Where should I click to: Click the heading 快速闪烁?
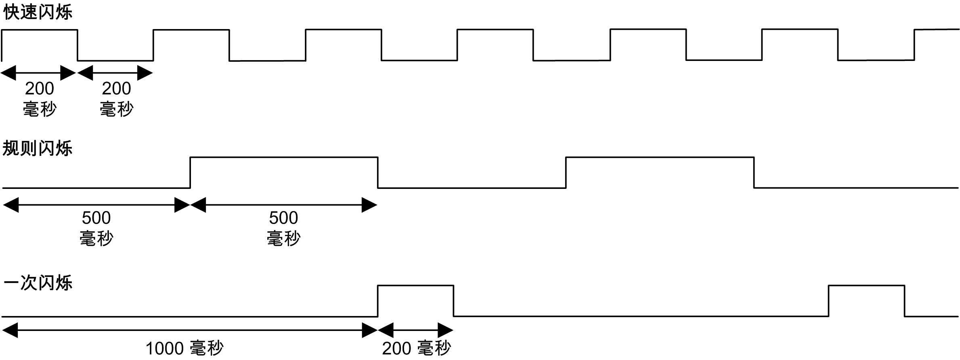click(38, 12)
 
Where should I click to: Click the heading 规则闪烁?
click(38, 148)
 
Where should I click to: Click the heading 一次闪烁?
click(38, 282)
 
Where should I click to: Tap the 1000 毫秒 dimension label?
click(184, 348)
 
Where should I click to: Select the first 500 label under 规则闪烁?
click(96, 218)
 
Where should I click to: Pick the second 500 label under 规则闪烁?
click(283, 218)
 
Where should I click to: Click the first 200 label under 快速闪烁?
click(40, 88)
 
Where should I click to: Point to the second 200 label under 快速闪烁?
click(116, 88)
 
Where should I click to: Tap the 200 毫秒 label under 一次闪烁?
click(416, 348)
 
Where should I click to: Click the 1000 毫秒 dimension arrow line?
click(190, 331)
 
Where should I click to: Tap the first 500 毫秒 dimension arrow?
click(96, 205)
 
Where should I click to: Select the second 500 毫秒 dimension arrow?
click(284, 205)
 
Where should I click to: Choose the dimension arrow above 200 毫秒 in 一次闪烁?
click(415, 331)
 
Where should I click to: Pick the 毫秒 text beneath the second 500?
click(283, 239)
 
